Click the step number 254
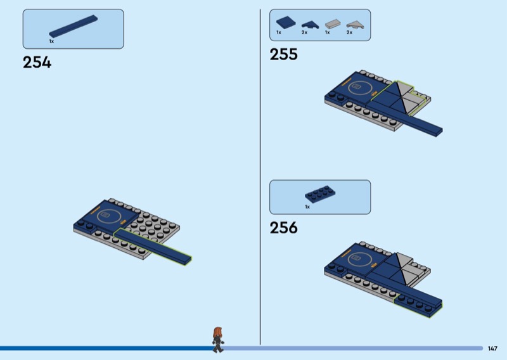(37, 62)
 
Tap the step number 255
(283, 55)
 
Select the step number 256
(283, 228)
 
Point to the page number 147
(492, 348)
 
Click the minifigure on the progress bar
(218, 338)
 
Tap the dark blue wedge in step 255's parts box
(309, 23)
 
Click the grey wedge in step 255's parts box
(354, 23)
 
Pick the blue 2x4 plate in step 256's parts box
(319, 194)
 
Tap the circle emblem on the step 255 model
(357, 87)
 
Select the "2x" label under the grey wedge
(349, 32)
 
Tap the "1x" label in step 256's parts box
(307, 207)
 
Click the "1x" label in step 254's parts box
(51, 41)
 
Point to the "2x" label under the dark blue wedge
(304, 32)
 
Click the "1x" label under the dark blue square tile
(278, 32)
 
